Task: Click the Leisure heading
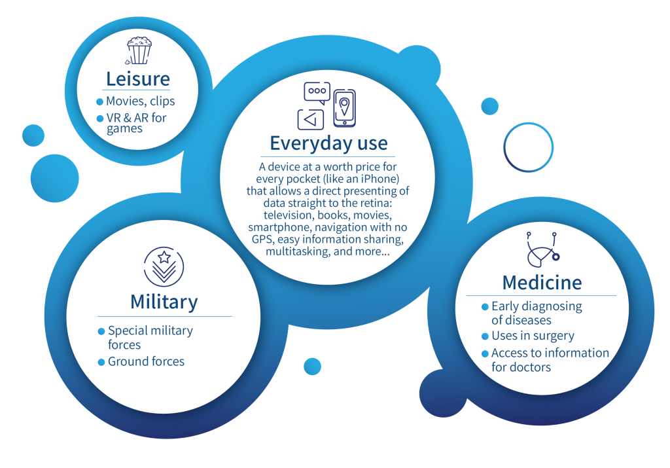(137, 79)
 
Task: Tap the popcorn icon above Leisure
(139, 50)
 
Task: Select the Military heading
(164, 302)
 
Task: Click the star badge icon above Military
(164, 266)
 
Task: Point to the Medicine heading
(542, 283)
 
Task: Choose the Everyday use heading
(328, 143)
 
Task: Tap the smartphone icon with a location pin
(344, 108)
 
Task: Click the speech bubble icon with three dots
(317, 93)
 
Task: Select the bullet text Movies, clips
(140, 101)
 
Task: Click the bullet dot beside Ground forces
(101, 362)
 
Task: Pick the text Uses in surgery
(533, 336)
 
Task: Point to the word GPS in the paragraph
(261, 239)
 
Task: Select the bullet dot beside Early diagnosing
(485, 306)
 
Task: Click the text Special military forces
(150, 337)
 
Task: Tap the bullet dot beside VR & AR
(100, 118)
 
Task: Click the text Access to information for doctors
(550, 360)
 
